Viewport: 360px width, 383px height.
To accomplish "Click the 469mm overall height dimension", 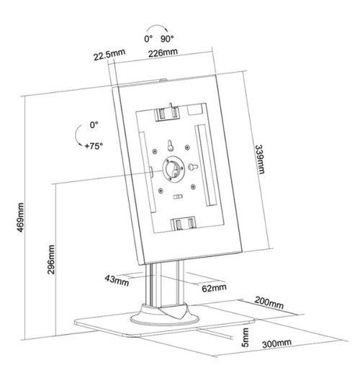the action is point(21,217).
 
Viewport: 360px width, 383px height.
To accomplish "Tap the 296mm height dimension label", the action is point(51,260).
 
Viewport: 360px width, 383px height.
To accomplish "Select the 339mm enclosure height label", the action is point(260,160).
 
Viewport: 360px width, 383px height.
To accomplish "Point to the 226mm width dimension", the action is point(163,53).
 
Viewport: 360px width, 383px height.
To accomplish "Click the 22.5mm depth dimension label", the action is point(109,55).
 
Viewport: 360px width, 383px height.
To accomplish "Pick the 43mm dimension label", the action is point(117,281).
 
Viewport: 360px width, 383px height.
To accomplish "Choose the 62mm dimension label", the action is point(214,288).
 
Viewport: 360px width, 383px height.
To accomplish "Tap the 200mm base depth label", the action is point(269,303).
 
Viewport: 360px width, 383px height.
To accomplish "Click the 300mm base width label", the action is point(276,343).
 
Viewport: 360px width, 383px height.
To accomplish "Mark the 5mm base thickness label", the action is point(245,338).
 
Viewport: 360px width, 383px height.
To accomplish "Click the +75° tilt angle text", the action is point(94,146).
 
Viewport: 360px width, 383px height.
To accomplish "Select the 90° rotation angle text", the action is point(167,39).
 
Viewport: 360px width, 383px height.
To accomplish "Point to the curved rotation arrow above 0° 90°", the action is point(157,25).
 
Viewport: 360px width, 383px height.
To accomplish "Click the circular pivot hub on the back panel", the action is point(174,169).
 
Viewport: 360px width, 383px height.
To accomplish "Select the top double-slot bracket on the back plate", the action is point(168,114).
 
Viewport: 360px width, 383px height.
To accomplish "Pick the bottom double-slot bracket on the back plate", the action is point(184,223).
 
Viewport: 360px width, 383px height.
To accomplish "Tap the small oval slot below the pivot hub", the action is point(178,197).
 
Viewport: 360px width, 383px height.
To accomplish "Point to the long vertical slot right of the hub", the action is point(206,166).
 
